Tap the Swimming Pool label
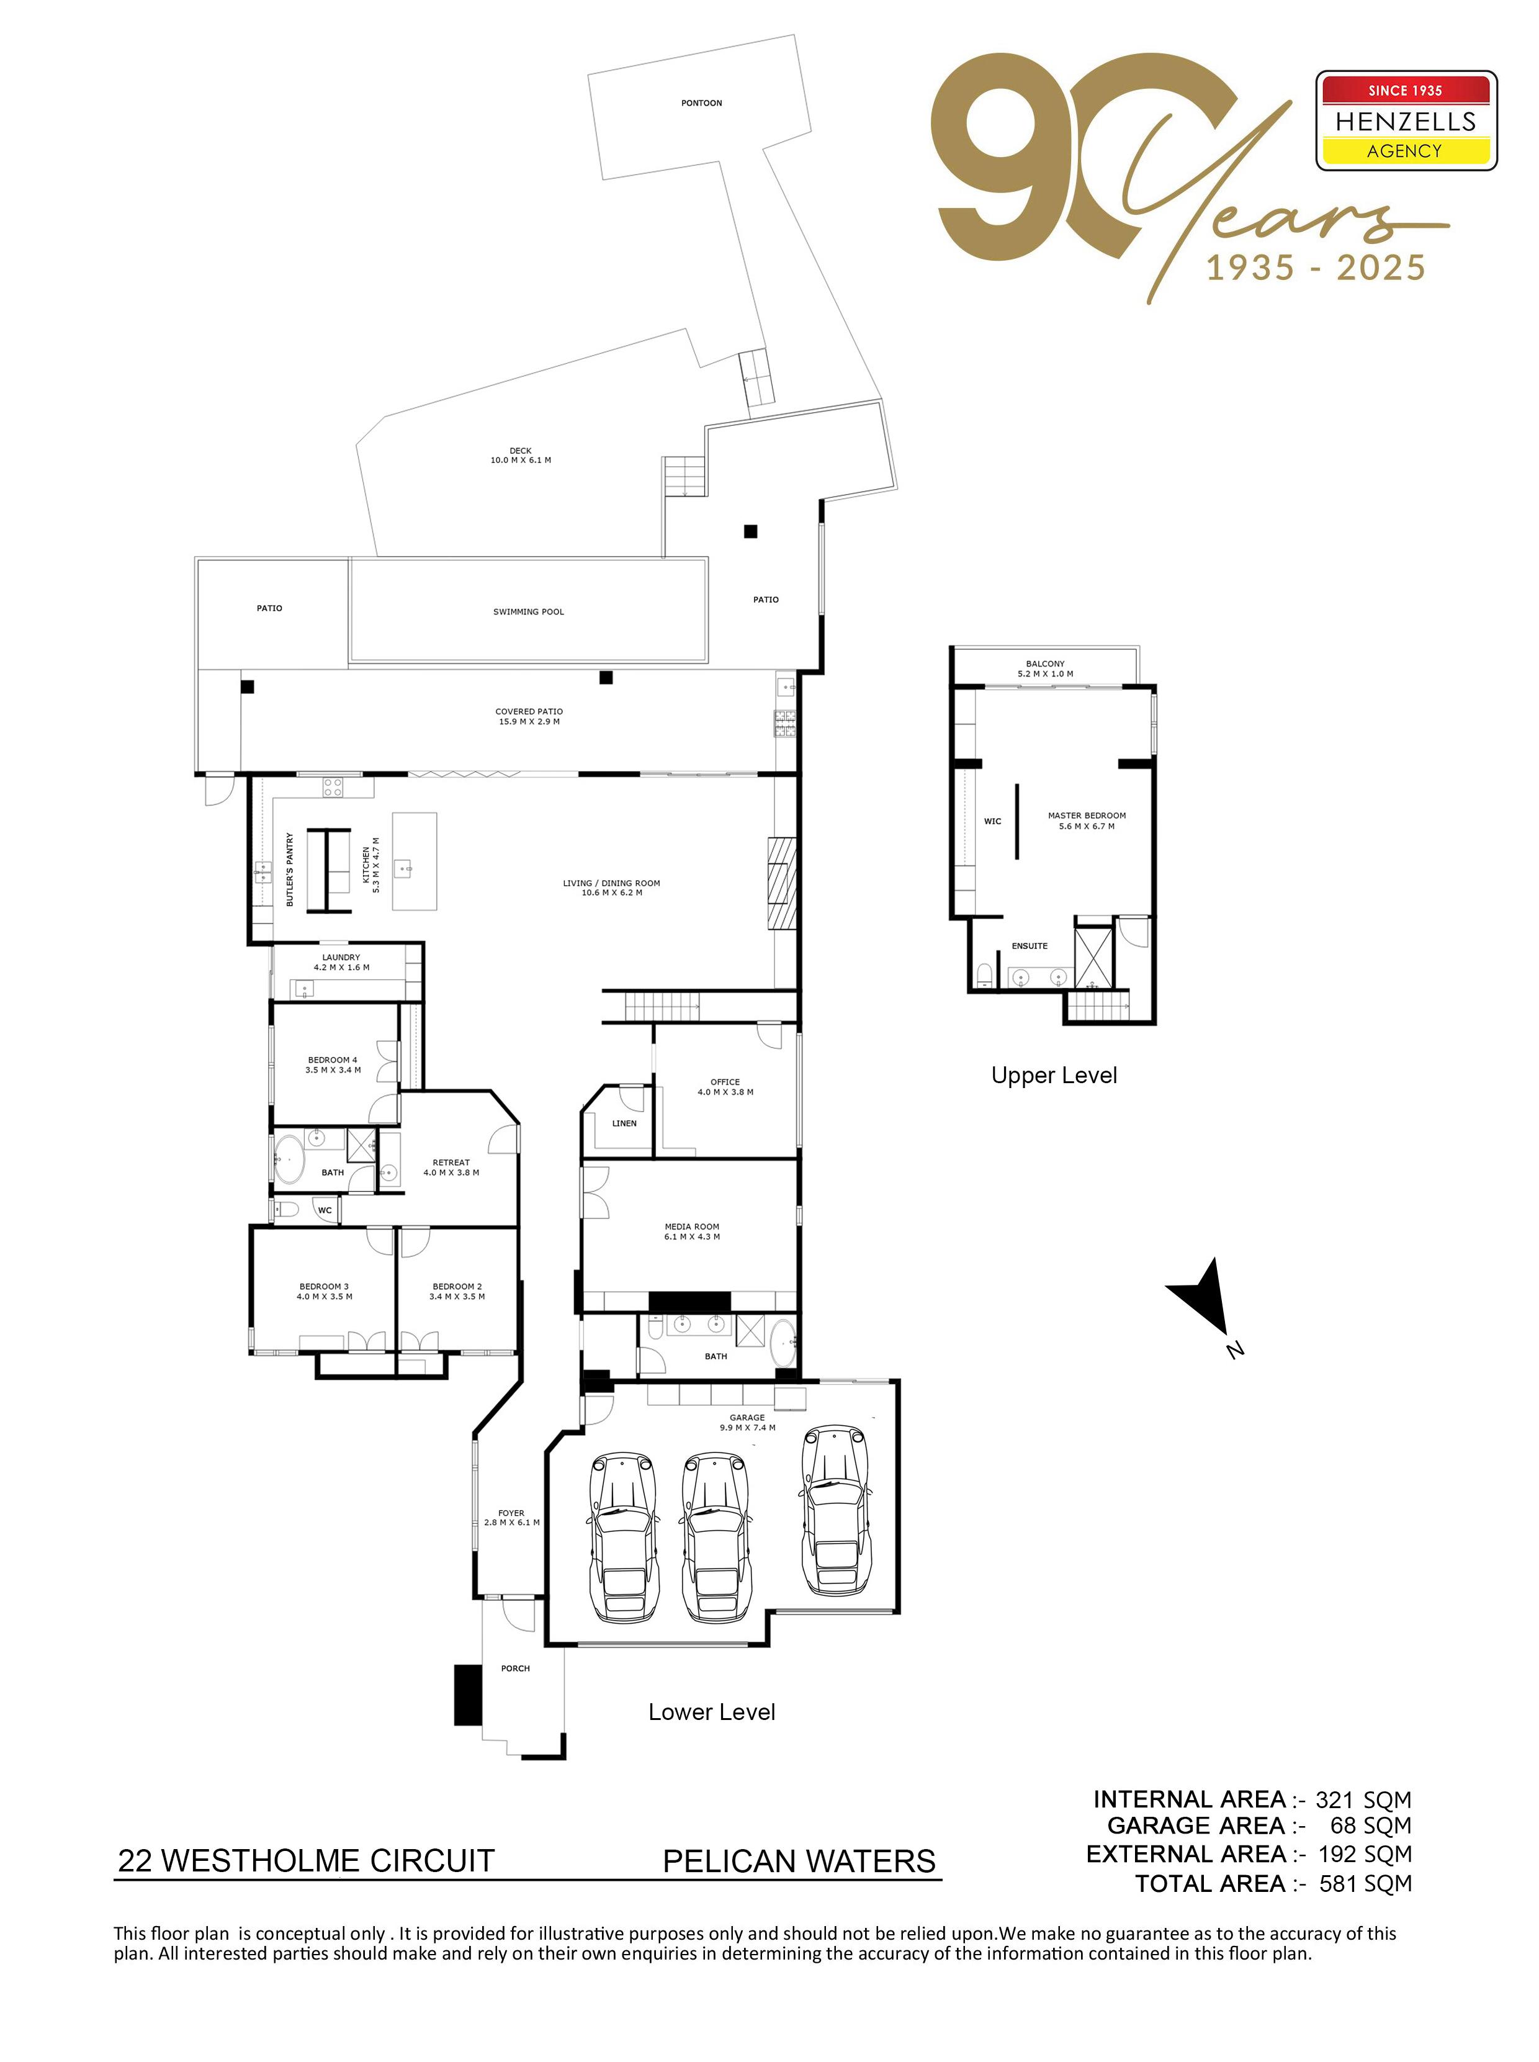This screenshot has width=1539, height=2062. [528, 612]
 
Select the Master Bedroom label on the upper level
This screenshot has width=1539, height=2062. [1086, 821]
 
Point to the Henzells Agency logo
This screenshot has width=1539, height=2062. [1406, 121]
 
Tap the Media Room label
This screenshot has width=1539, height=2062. [692, 1231]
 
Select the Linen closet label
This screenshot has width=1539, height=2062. [624, 1123]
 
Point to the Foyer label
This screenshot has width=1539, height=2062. [511, 1518]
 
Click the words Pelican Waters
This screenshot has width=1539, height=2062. [799, 1862]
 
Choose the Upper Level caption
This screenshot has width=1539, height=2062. [1054, 1075]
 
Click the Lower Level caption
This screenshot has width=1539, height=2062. [712, 1712]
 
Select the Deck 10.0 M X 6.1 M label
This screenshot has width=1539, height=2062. [521, 456]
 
